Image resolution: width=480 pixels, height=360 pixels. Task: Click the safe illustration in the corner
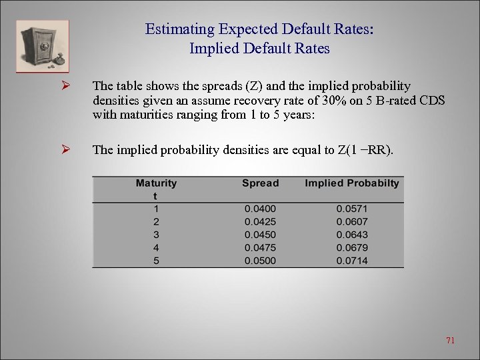pyautogui.click(x=43, y=45)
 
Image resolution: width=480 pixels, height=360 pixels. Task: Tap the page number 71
pyautogui.click(x=450, y=341)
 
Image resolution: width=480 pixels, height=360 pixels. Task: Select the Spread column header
pyautogui.click(x=260, y=183)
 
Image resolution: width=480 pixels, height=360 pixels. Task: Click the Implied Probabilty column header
pyautogui.click(x=352, y=183)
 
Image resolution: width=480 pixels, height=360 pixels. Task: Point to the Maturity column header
pyautogui.click(x=156, y=189)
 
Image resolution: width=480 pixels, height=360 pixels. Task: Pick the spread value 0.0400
pyautogui.click(x=260, y=209)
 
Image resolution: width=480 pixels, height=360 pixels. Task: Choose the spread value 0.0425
pyautogui.click(x=260, y=221)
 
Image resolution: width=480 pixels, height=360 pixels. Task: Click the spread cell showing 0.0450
pyautogui.click(x=260, y=235)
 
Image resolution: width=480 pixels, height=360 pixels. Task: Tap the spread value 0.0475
pyautogui.click(x=260, y=247)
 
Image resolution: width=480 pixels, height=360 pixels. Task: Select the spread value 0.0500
pyautogui.click(x=260, y=261)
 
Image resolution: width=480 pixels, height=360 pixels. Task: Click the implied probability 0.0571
pyautogui.click(x=352, y=209)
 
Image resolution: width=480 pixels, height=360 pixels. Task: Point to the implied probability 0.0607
pyautogui.click(x=352, y=221)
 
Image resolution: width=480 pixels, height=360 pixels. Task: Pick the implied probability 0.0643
pyautogui.click(x=352, y=235)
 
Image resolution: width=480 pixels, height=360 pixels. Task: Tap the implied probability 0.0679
pyautogui.click(x=352, y=247)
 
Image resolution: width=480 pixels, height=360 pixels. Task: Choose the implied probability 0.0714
pyautogui.click(x=352, y=261)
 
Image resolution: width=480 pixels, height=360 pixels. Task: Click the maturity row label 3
pyautogui.click(x=156, y=235)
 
